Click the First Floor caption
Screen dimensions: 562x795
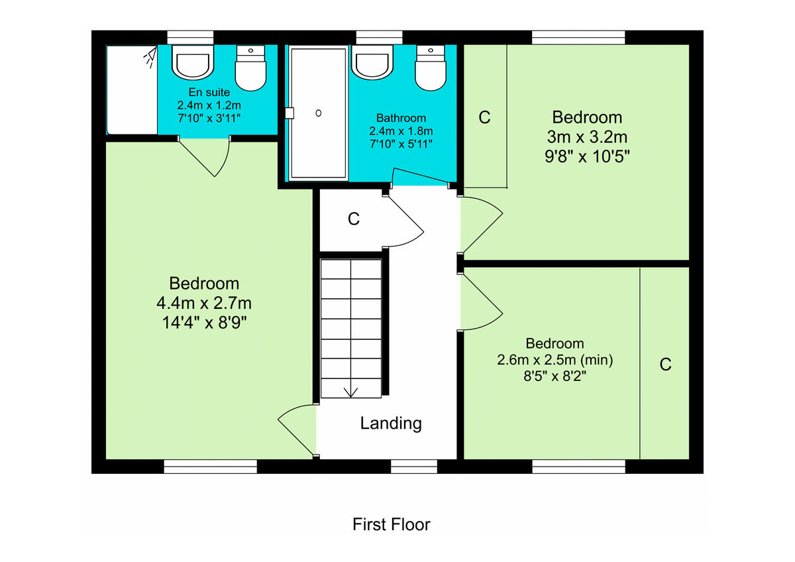pyautogui.click(x=391, y=525)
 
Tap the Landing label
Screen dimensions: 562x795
pyautogui.click(x=391, y=423)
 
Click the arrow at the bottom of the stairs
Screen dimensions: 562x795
pyautogui.click(x=350, y=391)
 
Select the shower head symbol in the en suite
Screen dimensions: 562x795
pyautogui.click(x=149, y=58)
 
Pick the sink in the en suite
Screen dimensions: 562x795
pyautogui.click(x=193, y=62)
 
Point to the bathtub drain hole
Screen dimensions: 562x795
pyautogui.click(x=319, y=113)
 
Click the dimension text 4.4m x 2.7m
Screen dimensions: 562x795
pyautogui.click(x=204, y=304)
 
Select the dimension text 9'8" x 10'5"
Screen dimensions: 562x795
pyautogui.click(x=587, y=157)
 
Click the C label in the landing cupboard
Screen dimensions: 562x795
pyautogui.click(x=354, y=219)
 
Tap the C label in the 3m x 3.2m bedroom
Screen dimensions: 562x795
pyautogui.click(x=484, y=117)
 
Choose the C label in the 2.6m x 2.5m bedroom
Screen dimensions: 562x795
pyautogui.click(x=665, y=364)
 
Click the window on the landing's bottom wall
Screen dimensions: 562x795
pyautogui.click(x=414, y=467)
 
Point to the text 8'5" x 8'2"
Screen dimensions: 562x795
pyautogui.click(x=555, y=376)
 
